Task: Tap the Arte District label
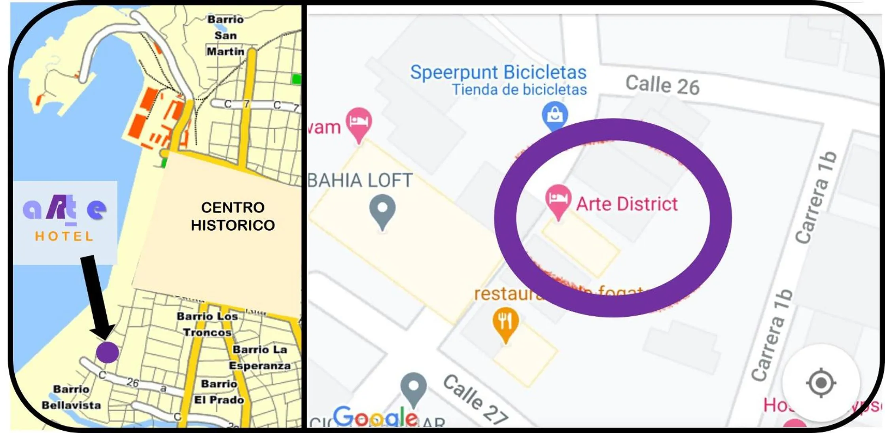coord(627,204)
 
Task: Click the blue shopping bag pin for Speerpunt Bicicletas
coord(555,115)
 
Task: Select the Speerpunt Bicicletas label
coord(498,72)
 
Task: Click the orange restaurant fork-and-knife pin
coord(505,322)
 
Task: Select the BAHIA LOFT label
coord(360,180)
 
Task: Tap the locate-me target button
coord(821,383)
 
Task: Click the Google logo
coord(375,417)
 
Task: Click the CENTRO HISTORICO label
coord(233,216)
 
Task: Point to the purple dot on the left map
coord(108,352)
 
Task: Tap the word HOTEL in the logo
coord(64,236)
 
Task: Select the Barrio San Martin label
coord(225,36)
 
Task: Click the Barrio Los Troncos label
coord(207,324)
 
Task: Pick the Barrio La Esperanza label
coord(260,357)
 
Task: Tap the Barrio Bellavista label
coord(71,397)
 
